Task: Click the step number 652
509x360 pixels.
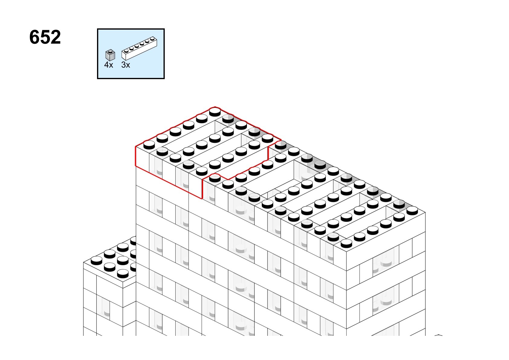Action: pyautogui.click(x=45, y=37)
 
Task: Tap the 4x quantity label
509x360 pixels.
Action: pyautogui.click(x=109, y=65)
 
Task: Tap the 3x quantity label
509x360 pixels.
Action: pyautogui.click(x=126, y=65)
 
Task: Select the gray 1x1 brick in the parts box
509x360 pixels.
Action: pyautogui.click(x=110, y=55)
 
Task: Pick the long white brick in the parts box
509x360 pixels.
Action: pyautogui.click(x=139, y=48)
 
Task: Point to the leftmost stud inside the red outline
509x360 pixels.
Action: pyautogui.click(x=149, y=145)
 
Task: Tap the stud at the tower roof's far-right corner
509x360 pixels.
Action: pyautogui.click(x=412, y=211)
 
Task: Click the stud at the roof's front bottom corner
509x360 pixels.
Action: pyautogui.click(x=346, y=243)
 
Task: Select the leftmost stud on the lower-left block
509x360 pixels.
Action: pyautogui.click(x=96, y=260)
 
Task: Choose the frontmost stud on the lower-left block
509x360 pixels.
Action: pyautogui.click(x=123, y=274)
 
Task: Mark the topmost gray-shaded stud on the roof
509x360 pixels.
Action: pyautogui.click(x=228, y=118)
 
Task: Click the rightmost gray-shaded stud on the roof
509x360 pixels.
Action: pyautogui.click(x=399, y=204)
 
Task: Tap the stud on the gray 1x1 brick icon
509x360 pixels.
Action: pyautogui.click(x=110, y=52)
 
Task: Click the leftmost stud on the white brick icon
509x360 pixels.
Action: pyautogui.click(x=126, y=51)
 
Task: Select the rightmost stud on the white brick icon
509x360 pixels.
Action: pyautogui.click(x=152, y=39)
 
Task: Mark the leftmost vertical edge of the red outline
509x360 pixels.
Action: pyautogui.click(x=136, y=157)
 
